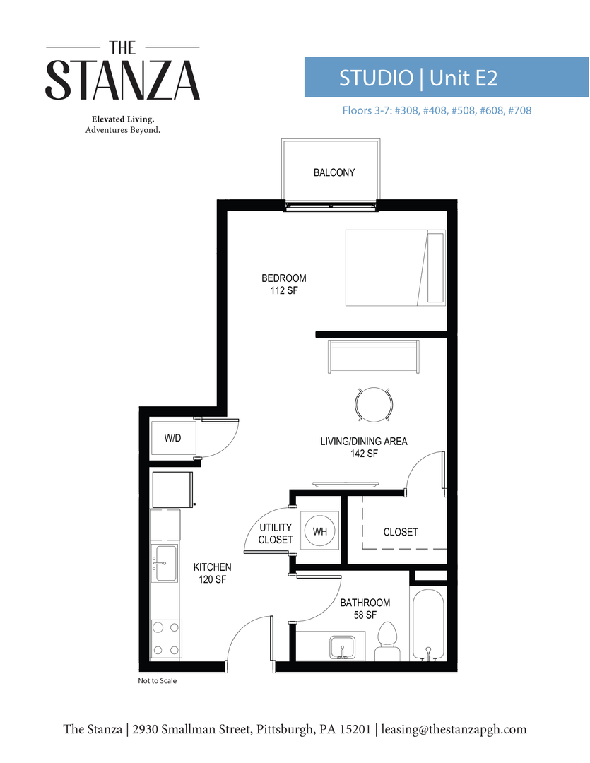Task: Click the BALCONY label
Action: pos(334,172)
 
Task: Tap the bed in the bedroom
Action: pos(395,267)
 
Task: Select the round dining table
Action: pos(374,405)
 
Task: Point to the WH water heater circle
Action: pos(320,531)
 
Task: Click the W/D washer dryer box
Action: pos(172,438)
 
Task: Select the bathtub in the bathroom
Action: pos(427,625)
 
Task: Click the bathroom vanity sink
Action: pos(342,646)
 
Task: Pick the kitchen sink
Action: pos(166,563)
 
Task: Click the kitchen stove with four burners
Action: pos(166,639)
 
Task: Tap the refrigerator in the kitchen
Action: pos(171,489)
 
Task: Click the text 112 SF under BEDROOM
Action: pos(284,290)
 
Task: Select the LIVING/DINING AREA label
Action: pos(364,442)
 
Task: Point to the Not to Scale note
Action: pos(157,681)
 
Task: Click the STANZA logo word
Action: pos(123,81)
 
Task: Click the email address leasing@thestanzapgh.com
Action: pos(454,729)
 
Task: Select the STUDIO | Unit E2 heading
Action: pos(418,78)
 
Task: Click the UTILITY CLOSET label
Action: pos(276,533)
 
